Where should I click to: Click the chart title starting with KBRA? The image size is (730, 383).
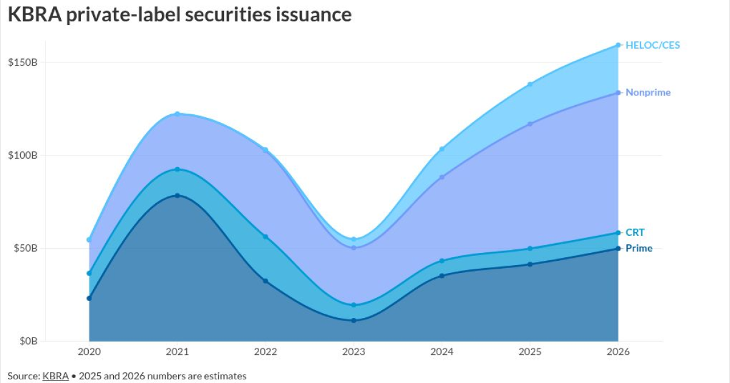tap(180, 15)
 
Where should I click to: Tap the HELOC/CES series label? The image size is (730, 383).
tap(653, 45)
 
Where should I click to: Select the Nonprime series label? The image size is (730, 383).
tap(648, 92)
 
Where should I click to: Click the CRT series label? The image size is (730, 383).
tap(634, 232)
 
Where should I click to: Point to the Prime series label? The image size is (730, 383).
tap(639, 248)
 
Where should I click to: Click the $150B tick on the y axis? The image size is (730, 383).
tap(23, 62)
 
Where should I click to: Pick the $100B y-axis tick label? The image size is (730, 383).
tap(23, 155)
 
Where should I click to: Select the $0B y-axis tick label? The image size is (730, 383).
tap(28, 341)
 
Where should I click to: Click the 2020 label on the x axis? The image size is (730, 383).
tap(89, 352)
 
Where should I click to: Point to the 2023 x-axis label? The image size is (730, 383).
tap(353, 352)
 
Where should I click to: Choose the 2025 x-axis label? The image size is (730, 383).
tap(530, 352)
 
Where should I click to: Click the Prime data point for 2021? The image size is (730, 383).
tap(177, 195)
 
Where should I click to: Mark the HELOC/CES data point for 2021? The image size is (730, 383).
tap(177, 114)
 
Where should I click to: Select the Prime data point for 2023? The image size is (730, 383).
tap(353, 320)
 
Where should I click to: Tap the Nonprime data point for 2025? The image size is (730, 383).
tap(530, 124)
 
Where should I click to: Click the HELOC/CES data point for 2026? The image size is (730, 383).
tap(618, 45)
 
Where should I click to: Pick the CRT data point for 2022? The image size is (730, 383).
tap(265, 236)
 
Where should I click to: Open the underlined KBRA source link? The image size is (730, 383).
tap(55, 376)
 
